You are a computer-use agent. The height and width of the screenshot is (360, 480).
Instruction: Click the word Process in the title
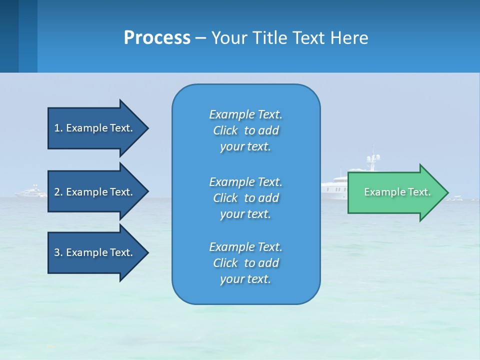(x=157, y=38)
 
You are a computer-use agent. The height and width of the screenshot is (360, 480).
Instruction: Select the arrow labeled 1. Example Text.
(x=95, y=128)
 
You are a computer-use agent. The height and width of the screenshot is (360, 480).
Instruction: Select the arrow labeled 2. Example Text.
(x=95, y=192)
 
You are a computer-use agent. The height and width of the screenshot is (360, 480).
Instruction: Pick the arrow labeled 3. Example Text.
(x=95, y=252)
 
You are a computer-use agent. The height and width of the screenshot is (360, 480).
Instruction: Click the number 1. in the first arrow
(x=58, y=128)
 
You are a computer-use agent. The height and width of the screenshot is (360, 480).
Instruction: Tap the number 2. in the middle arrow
(x=58, y=192)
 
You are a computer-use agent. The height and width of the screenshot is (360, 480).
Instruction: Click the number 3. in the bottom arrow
(x=58, y=252)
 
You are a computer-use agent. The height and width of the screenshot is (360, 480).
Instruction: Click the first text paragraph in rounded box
(x=245, y=130)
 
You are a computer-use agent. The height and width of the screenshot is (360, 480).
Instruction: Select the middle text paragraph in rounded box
(x=245, y=198)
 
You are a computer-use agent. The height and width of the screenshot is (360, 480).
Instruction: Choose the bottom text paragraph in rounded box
(x=245, y=263)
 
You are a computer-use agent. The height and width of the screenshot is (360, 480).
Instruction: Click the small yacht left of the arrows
(x=31, y=191)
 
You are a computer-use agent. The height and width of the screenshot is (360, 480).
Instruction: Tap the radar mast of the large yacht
(x=372, y=159)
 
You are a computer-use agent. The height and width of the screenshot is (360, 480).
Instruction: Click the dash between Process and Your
(x=200, y=38)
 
